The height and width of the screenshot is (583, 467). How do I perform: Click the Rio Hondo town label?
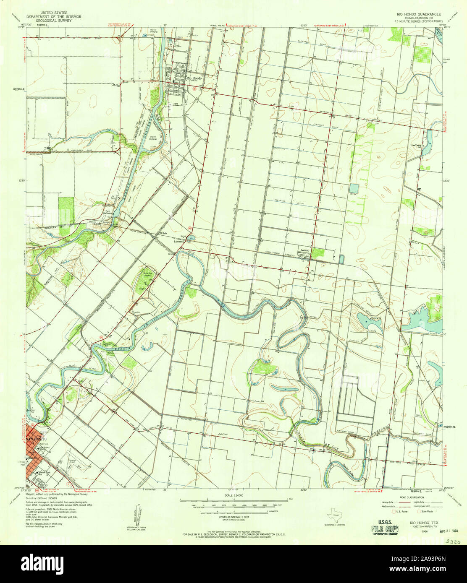tap(194, 78)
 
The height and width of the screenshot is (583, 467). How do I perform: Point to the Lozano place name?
tap(304, 250)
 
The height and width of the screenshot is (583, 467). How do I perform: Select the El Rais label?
tap(163, 234)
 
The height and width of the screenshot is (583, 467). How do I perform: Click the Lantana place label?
tap(180, 242)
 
